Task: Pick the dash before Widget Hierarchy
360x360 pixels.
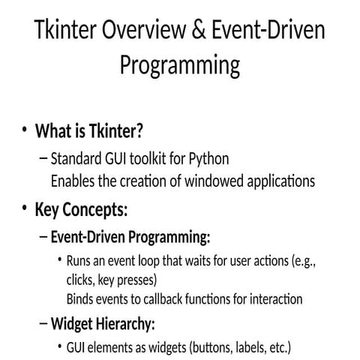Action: pyautogui.click(x=42, y=325)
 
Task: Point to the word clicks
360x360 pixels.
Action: pyautogui.click(x=80, y=280)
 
